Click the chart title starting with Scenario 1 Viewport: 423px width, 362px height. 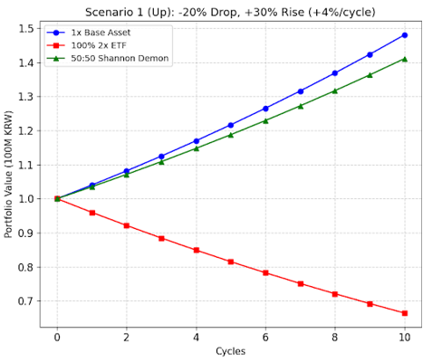(x=230, y=13)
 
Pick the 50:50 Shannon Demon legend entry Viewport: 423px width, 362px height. (x=107, y=58)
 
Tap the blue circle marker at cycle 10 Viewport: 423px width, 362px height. (x=405, y=35)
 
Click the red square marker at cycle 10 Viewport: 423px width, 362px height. (x=405, y=313)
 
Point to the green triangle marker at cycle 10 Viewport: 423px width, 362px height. (x=405, y=59)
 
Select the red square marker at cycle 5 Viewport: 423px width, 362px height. (x=231, y=262)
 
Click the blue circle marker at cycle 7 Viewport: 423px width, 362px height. (x=301, y=91)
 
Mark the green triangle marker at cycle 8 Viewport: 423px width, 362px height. (x=335, y=90)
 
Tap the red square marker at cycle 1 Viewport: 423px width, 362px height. (x=92, y=213)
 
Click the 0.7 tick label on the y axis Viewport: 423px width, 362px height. (x=26, y=301)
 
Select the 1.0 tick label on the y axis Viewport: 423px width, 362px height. (x=26, y=199)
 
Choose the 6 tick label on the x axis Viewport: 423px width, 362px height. (x=265, y=337)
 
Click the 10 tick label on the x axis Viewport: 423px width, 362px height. (x=405, y=337)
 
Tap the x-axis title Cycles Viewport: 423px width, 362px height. (x=230, y=351)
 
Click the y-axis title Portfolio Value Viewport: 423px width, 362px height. (x=8, y=174)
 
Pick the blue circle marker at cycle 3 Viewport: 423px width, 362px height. (x=161, y=157)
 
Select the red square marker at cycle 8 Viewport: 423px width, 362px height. (x=335, y=294)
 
